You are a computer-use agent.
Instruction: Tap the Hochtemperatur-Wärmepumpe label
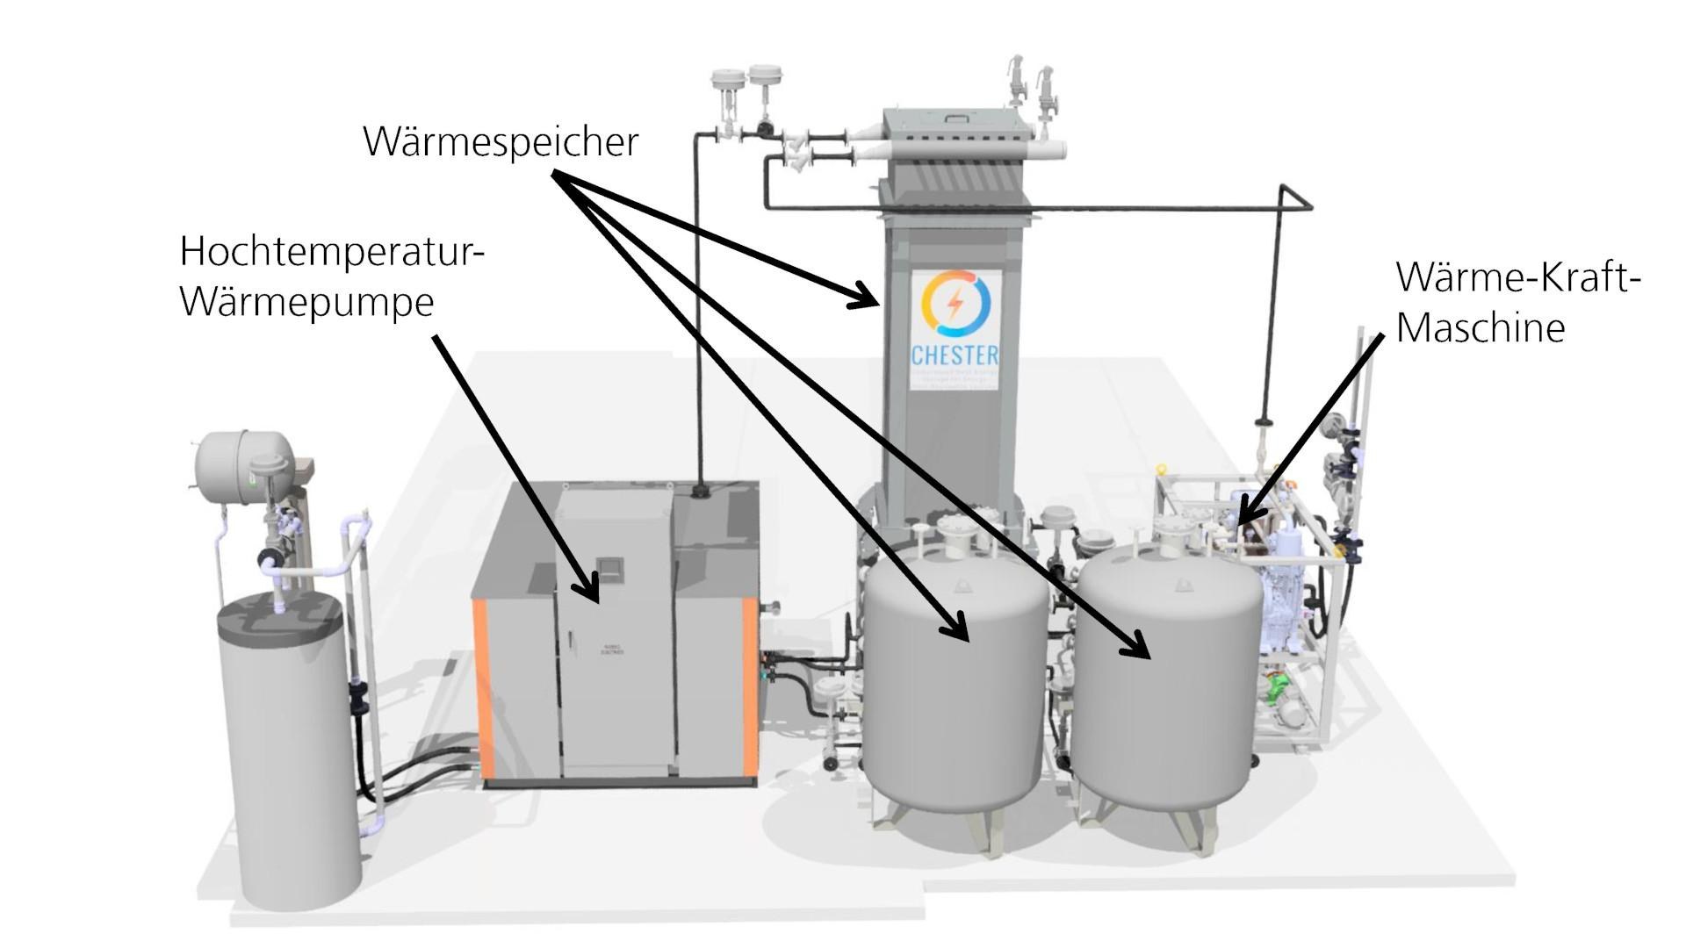[332, 276]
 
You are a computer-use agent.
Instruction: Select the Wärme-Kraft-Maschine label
[1517, 302]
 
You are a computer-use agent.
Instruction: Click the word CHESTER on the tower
[955, 355]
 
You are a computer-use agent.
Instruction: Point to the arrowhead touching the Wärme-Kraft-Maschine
[1247, 513]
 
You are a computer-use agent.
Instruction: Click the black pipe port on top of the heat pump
[702, 489]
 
